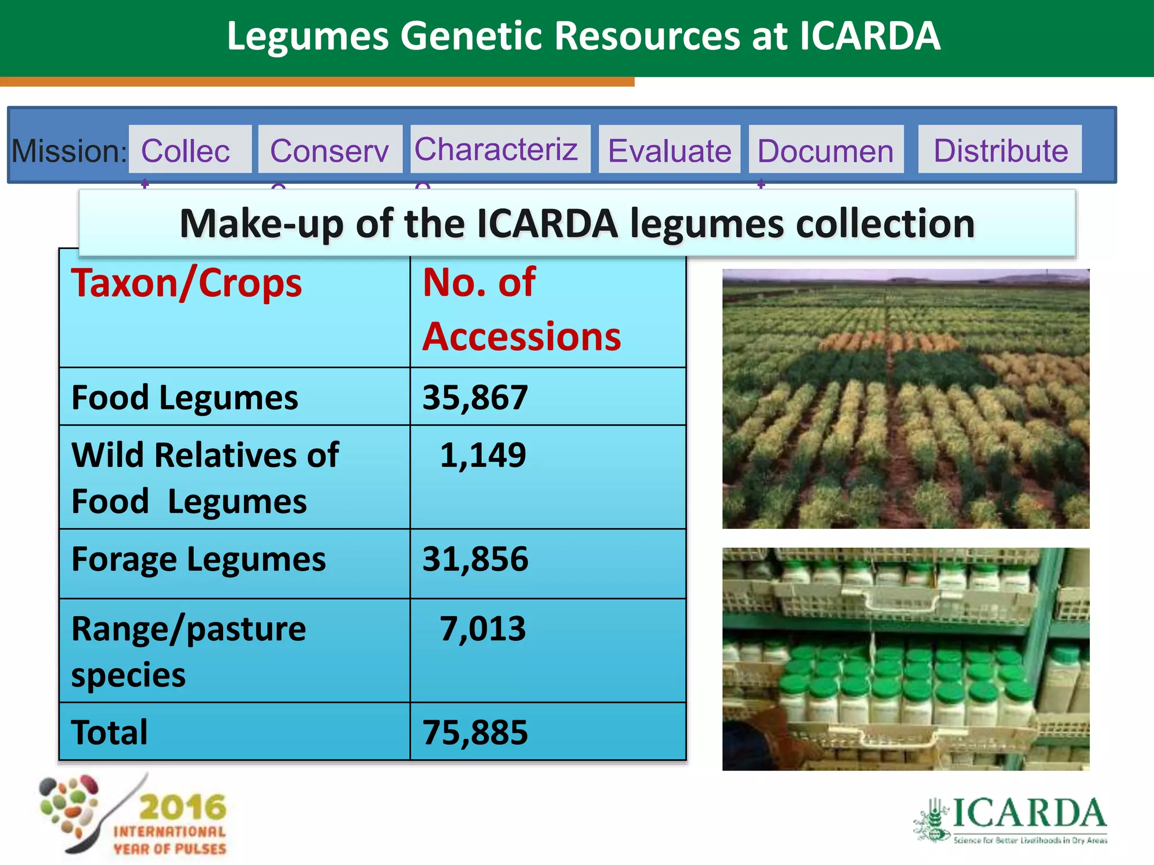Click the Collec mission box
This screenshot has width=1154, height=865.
pyautogui.click(x=190, y=150)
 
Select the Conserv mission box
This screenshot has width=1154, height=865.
pyautogui.click(x=330, y=150)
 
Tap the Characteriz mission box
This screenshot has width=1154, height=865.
pyautogui.click(x=500, y=149)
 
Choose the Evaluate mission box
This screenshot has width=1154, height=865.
pyautogui.click(x=669, y=150)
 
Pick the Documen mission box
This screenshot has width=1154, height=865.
pyautogui.click(x=826, y=150)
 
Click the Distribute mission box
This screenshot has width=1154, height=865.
pyautogui.click(x=1000, y=150)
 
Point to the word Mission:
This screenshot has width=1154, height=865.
pyautogui.click(x=69, y=151)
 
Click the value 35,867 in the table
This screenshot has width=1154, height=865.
pyautogui.click(x=475, y=397)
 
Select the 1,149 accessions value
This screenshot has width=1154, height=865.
pyautogui.click(x=482, y=455)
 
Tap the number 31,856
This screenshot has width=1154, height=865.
pyautogui.click(x=475, y=559)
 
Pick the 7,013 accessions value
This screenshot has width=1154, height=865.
pyautogui.click(x=482, y=628)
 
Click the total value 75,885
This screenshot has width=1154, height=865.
pyautogui.click(x=475, y=733)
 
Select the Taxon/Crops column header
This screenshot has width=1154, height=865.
pyautogui.click(x=187, y=283)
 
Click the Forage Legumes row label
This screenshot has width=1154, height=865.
pyautogui.click(x=198, y=559)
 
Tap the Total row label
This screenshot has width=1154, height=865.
pyautogui.click(x=109, y=733)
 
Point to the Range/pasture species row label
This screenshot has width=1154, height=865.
pyautogui.click(x=188, y=651)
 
